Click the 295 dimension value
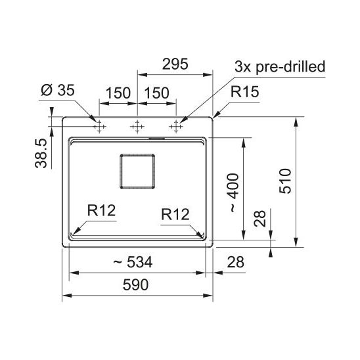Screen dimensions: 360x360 coord(175,64)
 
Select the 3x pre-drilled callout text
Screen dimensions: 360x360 coord(280,67)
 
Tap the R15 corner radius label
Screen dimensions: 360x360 coord(245,91)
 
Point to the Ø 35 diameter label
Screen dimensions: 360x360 coord(58,90)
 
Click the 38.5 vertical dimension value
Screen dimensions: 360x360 coord(41,153)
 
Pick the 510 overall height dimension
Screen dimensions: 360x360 coord(285,181)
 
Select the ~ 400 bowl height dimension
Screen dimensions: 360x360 coord(234,193)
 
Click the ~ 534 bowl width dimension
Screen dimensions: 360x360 coord(133,262)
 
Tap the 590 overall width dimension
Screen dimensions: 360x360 coord(135,284)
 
